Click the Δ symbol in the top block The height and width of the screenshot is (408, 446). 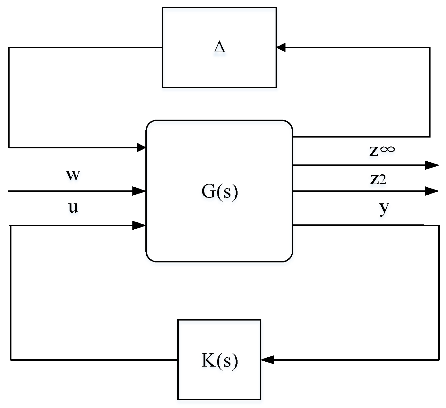click(219, 47)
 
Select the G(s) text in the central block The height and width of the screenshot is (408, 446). click(219, 192)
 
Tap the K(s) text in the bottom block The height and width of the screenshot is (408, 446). click(219, 360)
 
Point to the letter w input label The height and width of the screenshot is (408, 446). click(73, 175)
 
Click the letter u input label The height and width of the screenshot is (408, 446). click(73, 207)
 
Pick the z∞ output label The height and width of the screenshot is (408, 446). click(382, 151)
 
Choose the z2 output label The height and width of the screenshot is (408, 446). click(378, 179)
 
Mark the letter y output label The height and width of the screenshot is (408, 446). click(384, 208)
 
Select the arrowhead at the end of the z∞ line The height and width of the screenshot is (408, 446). click(432, 165)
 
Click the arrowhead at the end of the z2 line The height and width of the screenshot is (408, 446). click(432, 191)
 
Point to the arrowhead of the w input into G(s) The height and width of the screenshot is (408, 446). click(139, 191)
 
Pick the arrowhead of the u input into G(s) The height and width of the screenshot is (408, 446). click(139, 226)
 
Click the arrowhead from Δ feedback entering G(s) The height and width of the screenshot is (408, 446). click(141, 148)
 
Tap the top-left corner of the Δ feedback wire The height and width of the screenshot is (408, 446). click(9, 48)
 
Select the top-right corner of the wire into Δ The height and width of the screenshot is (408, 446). click(430, 48)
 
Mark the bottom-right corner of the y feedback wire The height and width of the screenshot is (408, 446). click(439, 360)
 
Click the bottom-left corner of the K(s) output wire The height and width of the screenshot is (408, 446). click(11, 360)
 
